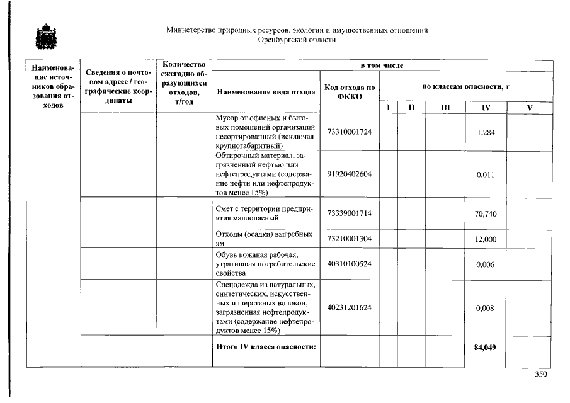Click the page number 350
click(x=540, y=374)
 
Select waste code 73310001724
click(x=349, y=132)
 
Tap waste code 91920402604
click(x=349, y=174)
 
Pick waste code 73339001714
click(x=349, y=213)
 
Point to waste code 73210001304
click(x=349, y=239)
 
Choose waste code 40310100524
click(x=349, y=263)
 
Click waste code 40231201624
click(x=349, y=307)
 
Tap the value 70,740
click(x=486, y=214)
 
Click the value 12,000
click(x=486, y=239)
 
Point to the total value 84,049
click(x=486, y=347)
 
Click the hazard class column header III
click(x=445, y=108)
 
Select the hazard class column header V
click(x=530, y=108)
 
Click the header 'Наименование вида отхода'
click(x=266, y=92)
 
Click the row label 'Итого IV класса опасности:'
click(x=265, y=347)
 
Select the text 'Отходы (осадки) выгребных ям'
click(x=264, y=239)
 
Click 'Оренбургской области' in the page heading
click(x=297, y=39)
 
